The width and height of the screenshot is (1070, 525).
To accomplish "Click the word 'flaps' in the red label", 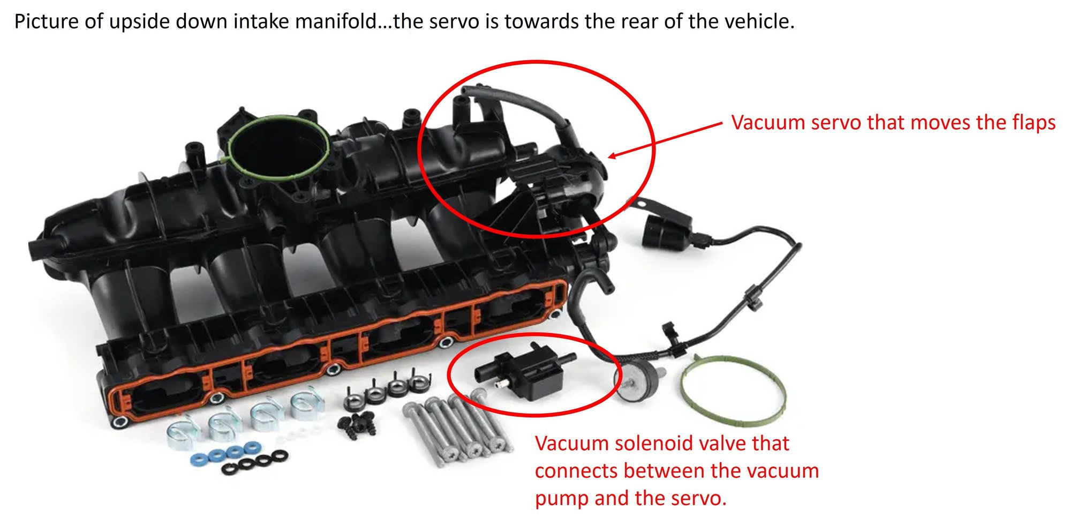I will pos(1034,123).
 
